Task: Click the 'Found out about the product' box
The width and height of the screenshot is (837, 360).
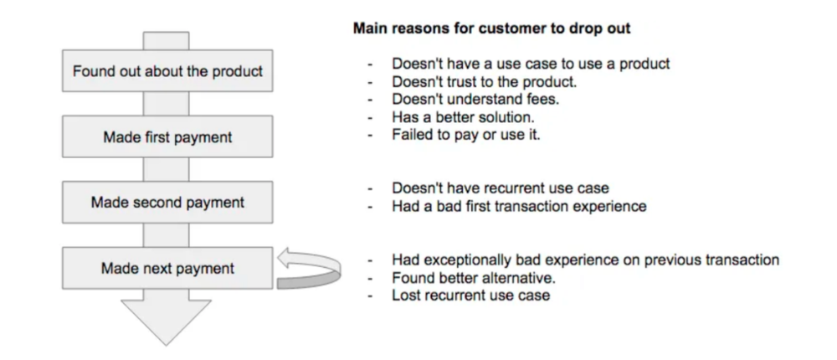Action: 167,71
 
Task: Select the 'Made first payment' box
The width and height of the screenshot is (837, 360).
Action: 167,136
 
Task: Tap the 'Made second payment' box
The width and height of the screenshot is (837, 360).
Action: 167,203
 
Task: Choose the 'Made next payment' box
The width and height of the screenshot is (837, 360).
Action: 167,268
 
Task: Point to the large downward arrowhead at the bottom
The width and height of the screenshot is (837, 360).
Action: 166,321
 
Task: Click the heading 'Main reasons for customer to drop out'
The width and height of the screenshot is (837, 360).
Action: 491,28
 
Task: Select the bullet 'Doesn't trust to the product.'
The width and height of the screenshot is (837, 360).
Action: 484,82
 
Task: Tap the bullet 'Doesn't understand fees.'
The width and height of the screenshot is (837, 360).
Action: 475,100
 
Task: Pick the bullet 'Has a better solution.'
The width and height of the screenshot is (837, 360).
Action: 463,117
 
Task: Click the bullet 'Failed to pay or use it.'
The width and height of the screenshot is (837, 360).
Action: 466,135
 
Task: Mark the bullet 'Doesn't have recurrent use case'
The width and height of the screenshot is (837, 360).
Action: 501,188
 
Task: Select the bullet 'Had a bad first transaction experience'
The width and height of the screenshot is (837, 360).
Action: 519,206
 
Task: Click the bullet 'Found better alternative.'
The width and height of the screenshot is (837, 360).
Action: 474,278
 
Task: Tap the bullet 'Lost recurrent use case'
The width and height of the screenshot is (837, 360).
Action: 470,296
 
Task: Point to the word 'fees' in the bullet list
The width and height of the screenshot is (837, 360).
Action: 542,100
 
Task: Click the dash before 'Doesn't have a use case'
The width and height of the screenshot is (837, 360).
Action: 370,64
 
